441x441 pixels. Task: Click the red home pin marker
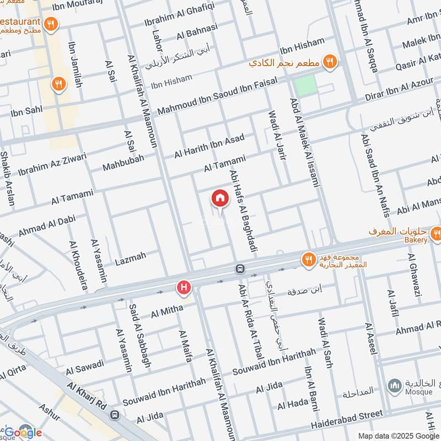tap(219, 198)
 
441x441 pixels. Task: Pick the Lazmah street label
tap(130, 257)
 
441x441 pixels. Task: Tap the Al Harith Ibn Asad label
tap(209, 146)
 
